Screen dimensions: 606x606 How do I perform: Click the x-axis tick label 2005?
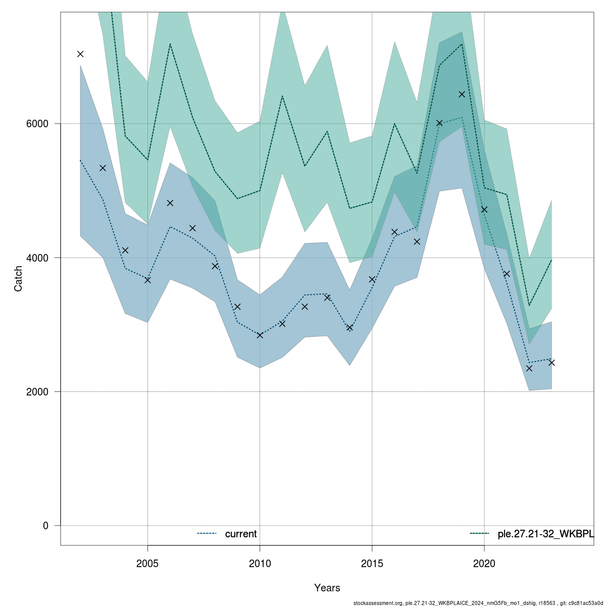tap(147, 563)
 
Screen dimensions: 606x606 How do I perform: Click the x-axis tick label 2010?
tap(260, 563)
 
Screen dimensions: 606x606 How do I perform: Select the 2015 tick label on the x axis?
tap(372, 563)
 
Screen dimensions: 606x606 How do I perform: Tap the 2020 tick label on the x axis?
tap(484, 563)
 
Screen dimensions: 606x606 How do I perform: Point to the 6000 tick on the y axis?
tap(40, 124)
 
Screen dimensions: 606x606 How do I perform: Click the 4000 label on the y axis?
tap(40, 258)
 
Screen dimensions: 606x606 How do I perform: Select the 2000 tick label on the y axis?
tap(40, 392)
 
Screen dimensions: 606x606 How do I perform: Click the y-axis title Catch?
tap(19, 278)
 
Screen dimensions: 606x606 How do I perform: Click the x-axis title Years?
tap(327, 588)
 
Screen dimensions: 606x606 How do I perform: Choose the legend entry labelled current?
tap(240, 534)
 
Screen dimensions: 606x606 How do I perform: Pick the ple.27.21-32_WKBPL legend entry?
tap(545, 534)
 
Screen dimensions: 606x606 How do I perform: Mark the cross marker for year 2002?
tap(80, 54)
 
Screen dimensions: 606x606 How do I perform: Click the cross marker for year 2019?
tap(462, 94)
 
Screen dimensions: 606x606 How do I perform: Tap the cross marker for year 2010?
tap(260, 335)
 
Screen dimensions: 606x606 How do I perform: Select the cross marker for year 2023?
tap(551, 363)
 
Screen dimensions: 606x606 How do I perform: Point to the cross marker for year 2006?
tap(170, 203)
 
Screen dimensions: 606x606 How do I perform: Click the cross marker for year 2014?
tap(349, 328)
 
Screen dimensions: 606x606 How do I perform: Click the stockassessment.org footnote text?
tap(478, 603)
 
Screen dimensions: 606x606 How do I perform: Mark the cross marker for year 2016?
tap(394, 232)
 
